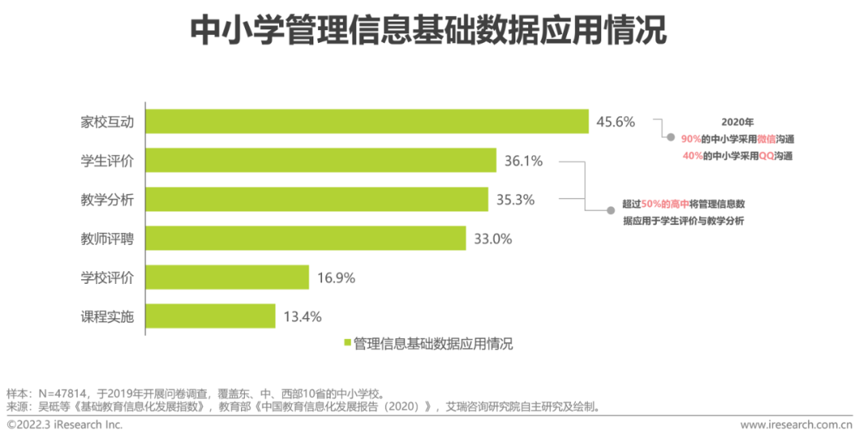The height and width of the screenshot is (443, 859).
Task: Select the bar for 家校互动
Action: point(367,122)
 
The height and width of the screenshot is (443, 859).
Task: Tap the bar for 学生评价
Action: point(321,161)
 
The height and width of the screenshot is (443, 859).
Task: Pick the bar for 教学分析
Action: point(317,200)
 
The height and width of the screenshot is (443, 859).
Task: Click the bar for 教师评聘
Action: point(305,238)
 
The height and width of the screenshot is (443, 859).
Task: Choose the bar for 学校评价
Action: point(227,278)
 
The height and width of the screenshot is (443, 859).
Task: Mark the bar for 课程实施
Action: point(210,317)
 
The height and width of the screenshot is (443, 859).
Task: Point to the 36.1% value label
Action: point(523,161)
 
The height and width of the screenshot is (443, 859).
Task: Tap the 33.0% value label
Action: point(493,239)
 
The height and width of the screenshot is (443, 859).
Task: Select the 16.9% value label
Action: point(336,278)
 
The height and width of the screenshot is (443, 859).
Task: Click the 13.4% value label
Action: point(302,317)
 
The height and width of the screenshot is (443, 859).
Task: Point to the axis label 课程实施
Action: point(107,317)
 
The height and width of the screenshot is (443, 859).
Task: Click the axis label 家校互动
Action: point(107,122)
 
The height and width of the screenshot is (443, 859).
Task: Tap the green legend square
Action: point(348,344)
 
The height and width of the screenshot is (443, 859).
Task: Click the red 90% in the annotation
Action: point(690,138)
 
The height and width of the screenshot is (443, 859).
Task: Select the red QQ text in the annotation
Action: point(766,156)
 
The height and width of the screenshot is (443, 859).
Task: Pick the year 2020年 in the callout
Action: point(737,122)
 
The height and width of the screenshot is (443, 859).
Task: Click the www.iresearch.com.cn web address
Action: point(795,426)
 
